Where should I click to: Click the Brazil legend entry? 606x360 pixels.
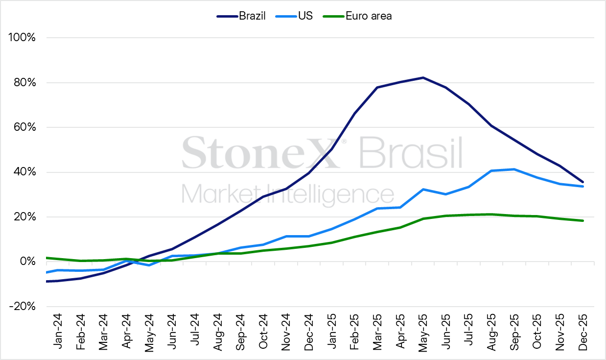pyautogui.click(x=241, y=16)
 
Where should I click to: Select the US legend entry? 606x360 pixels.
pyautogui.click(x=294, y=16)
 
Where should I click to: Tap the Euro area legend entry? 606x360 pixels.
pyautogui.click(x=357, y=16)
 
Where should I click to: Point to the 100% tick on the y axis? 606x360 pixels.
pyautogui.click(x=22, y=37)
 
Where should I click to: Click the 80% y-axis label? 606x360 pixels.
pyautogui.click(x=24, y=83)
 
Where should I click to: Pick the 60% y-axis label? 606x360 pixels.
pyautogui.click(x=24, y=127)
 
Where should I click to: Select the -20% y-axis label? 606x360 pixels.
pyautogui.click(x=23, y=307)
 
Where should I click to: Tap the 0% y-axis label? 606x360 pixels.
pyautogui.click(x=27, y=262)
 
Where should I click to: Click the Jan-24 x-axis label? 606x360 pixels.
pyautogui.click(x=58, y=332)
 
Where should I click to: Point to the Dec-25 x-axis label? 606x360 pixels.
pyautogui.click(x=583, y=332)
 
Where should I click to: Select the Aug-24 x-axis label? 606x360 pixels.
pyautogui.click(x=217, y=333)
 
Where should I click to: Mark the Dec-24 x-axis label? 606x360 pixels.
pyautogui.click(x=309, y=332)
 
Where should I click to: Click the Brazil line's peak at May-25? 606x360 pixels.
pyautogui.click(x=423, y=78)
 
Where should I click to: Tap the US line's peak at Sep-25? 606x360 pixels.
pyautogui.click(x=514, y=169)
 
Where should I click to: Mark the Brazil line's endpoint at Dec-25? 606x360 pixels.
pyautogui.click(x=583, y=182)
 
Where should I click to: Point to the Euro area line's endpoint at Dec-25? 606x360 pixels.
pyautogui.click(x=583, y=220)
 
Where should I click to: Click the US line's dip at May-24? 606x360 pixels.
pyautogui.click(x=149, y=265)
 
